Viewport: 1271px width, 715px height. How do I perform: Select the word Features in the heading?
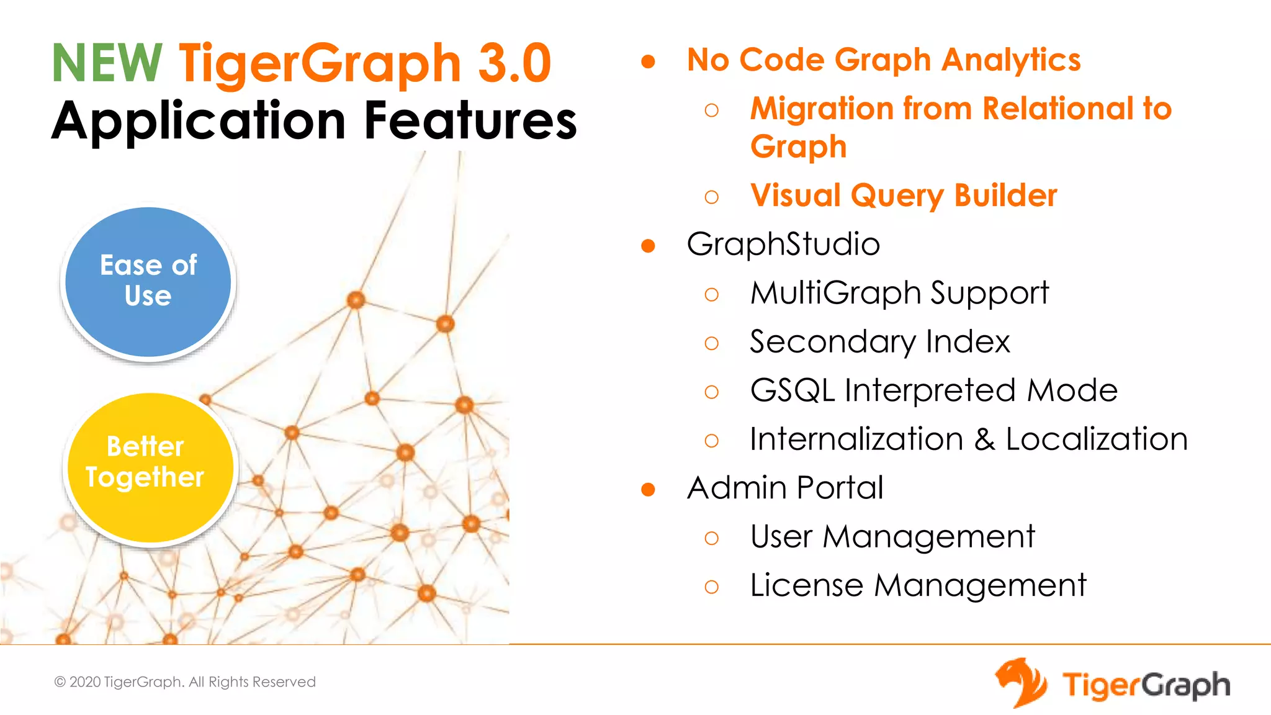pos(470,120)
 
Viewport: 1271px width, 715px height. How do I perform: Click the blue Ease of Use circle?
pos(148,282)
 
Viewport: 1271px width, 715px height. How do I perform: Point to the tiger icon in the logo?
pos(1021,683)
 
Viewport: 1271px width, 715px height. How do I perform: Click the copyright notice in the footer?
pos(185,681)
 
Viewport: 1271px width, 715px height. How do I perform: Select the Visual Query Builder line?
pos(904,196)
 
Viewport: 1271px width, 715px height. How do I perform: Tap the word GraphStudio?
pos(783,244)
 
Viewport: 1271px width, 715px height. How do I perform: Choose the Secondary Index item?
pos(879,342)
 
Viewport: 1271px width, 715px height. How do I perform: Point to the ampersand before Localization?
pos(984,439)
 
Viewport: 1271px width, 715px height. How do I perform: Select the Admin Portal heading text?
pos(785,488)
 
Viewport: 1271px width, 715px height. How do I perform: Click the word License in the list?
pos(806,585)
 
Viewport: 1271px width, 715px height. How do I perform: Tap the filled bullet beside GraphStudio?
pos(648,246)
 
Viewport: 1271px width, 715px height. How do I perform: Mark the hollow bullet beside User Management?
pos(712,538)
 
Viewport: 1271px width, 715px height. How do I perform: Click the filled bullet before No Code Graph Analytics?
pos(648,61)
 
